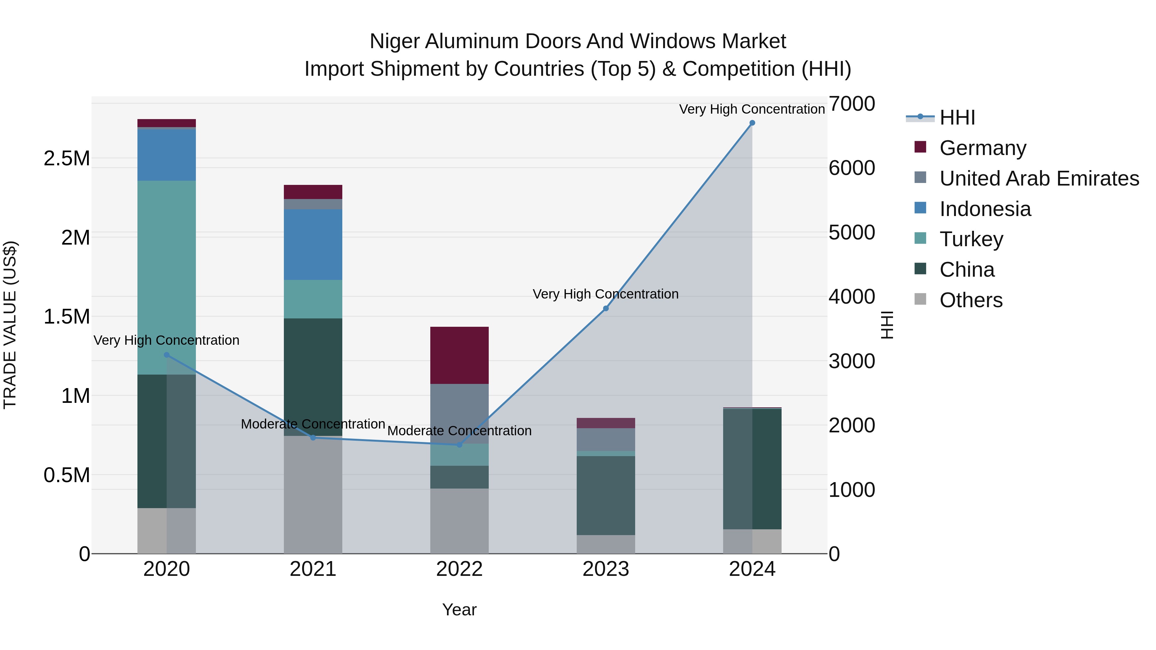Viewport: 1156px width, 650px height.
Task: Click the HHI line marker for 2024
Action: tap(752, 123)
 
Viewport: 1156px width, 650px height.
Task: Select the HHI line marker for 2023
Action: tap(606, 308)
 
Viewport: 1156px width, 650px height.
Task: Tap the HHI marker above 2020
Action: tap(166, 355)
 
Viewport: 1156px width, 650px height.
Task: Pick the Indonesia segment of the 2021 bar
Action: tap(313, 245)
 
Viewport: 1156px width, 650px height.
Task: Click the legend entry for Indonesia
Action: tap(985, 209)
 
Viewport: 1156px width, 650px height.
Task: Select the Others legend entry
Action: tap(971, 300)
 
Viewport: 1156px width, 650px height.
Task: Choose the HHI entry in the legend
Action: tap(957, 117)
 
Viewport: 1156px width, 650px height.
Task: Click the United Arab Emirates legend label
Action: tap(1039, 178)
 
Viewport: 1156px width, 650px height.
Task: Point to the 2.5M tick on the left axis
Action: tap(67, 158)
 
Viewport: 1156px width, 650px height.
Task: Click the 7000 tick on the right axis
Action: tap(851, 104)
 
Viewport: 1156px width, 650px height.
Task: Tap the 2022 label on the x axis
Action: tap(459, 569)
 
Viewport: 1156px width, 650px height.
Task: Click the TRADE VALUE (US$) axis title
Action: tap(10, 325)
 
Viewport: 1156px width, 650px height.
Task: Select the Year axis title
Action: tap(459, 610)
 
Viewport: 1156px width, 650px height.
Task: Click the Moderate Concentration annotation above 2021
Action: tap(313, 424)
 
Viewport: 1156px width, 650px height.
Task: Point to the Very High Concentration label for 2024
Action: tap(752, 109)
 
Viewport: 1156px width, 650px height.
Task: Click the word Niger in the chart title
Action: tap(394, 41)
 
